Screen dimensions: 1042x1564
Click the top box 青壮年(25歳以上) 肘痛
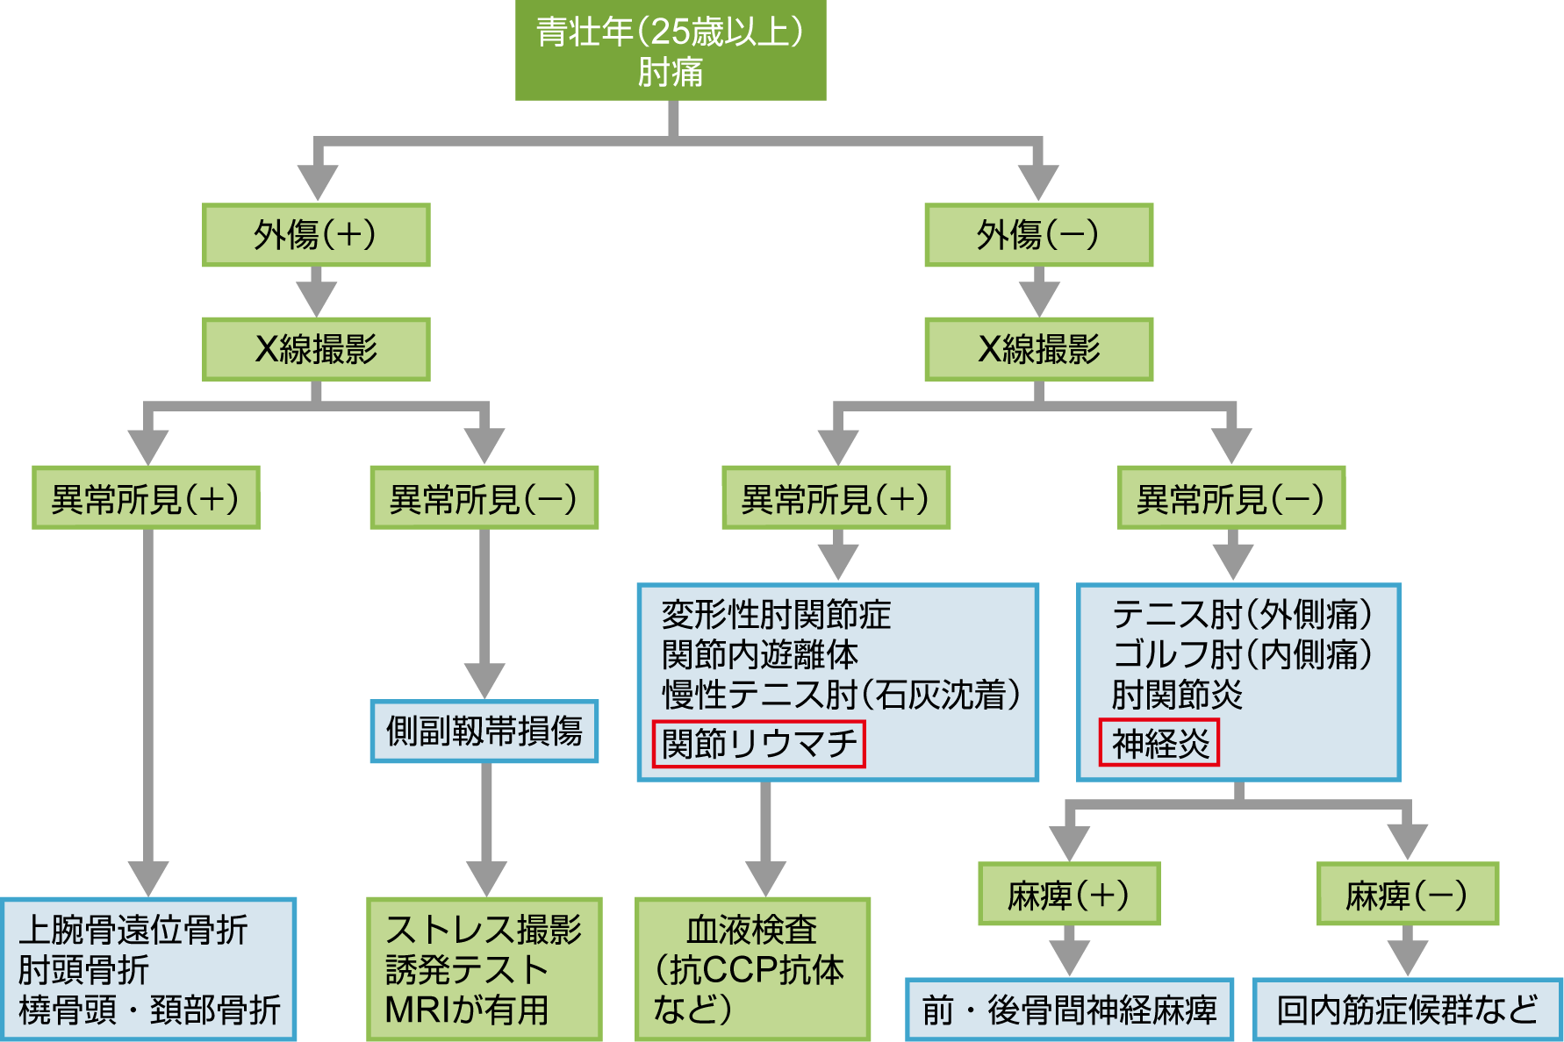671,51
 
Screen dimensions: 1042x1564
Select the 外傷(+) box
316,235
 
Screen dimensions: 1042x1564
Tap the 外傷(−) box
1038,235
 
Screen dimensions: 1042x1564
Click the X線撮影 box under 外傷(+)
316,349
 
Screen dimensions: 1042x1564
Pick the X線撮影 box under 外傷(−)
1038,349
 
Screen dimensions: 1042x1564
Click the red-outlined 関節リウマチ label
759,744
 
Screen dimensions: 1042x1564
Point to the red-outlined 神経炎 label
1159,744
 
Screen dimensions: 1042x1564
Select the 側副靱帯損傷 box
484,731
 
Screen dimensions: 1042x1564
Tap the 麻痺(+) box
1069,894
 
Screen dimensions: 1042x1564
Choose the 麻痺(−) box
1407,894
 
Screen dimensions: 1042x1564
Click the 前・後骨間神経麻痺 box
1069,1010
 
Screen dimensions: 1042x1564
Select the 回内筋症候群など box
1407,1010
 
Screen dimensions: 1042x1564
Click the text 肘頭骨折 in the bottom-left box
83,970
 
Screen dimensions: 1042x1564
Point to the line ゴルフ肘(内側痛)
1242,654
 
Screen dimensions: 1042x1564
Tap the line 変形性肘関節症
776,614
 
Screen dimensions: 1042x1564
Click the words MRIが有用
467,1010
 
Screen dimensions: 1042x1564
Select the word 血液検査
751,930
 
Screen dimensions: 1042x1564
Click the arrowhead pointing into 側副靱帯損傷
484,682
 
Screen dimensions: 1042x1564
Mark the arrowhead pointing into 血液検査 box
765,879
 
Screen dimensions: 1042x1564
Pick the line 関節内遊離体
760,654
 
